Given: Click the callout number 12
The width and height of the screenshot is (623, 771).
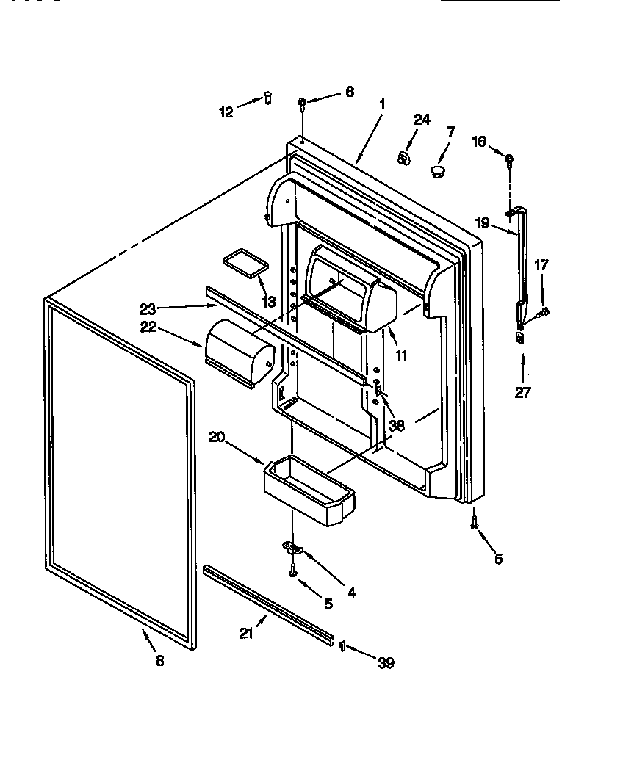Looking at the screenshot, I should click(226, 112).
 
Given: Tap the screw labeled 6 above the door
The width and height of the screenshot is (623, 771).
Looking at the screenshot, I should click(303, 104).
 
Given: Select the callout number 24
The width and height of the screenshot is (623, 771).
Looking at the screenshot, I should click(422, 120).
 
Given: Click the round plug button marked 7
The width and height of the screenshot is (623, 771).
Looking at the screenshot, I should click(438, 172).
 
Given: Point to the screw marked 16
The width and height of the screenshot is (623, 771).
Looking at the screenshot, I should click(509, 158).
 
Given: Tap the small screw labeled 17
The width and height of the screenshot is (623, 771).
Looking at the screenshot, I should click(544, 312).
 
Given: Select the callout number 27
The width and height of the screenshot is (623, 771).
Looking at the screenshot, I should click(522, 392).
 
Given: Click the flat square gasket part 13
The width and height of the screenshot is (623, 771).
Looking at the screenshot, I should click(243, 262).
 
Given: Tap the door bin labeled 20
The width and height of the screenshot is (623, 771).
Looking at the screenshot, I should click(309, 491).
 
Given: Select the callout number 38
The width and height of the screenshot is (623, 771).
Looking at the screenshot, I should click(397, 424).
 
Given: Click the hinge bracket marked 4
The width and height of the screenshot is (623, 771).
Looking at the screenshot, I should click(292, 547).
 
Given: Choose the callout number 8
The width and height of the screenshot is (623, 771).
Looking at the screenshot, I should click(159, 660).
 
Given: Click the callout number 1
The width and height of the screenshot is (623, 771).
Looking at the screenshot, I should click(382, 104).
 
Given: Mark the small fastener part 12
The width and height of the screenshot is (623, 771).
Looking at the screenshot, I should click(268, 96).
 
